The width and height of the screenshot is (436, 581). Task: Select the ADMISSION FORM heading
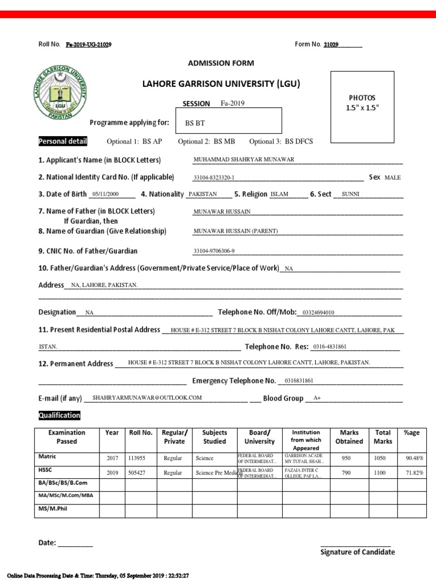221,63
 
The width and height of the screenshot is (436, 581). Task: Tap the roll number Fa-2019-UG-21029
89,44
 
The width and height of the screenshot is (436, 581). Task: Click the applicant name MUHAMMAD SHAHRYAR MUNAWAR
244,159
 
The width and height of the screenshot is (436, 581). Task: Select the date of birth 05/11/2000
105,194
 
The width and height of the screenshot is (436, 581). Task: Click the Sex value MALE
392,178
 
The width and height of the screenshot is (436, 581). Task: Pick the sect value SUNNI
350,194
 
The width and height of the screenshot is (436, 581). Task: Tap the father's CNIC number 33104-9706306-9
214,251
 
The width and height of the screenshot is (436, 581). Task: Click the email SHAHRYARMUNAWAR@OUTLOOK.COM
147,398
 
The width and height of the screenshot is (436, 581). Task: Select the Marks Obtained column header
349,437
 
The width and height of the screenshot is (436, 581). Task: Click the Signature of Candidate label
358,552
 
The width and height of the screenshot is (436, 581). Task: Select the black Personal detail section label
62,141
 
